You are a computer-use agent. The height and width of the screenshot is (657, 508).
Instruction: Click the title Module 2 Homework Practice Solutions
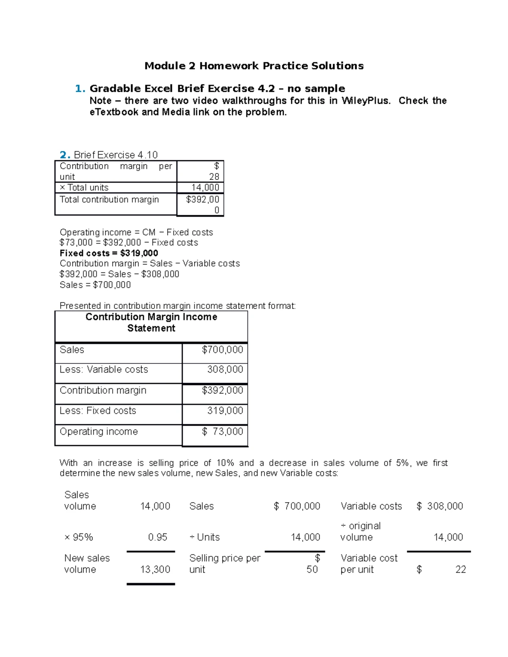tap(254, 66)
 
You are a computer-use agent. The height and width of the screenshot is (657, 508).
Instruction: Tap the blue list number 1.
tap(80, 88)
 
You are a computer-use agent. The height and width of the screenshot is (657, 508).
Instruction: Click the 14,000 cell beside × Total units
tap(205, 187)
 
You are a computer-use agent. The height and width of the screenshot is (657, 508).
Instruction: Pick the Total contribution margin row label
tap(109, 199)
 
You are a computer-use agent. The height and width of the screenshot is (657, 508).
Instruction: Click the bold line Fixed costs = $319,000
tap(109, 253)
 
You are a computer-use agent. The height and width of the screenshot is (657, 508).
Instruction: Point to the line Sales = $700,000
tap(95, 285)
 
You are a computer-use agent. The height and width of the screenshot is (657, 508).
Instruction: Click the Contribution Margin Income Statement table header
tap(151, 322)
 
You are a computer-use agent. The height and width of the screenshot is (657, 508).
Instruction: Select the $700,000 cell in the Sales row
tap(222, 349)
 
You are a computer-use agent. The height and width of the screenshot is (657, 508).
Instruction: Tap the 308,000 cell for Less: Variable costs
tap(225, 369)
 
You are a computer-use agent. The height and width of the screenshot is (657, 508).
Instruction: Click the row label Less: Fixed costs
tap(98, 410)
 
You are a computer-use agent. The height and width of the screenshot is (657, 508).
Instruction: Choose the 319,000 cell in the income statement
tap(225, 410)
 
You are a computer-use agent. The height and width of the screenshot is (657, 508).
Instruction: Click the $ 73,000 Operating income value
tap(222, 431)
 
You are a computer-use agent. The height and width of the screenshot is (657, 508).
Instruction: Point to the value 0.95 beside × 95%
tap(157, 537)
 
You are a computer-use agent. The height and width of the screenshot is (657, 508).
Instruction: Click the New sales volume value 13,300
tap(155, 569)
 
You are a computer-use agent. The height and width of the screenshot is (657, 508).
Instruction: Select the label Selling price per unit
tap(224, 564)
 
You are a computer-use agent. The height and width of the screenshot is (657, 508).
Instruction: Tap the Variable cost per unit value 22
tap(461, 569)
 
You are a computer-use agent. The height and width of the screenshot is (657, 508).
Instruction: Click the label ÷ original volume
tap(360, 531)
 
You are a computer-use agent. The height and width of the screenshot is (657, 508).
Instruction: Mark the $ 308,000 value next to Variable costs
tap(440, 506)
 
